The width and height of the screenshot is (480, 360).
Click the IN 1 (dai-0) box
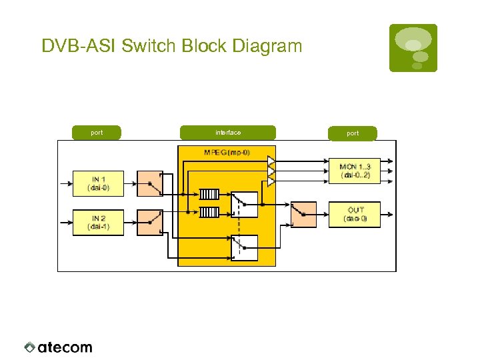[x=97, y=183]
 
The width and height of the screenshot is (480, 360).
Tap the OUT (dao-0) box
[x=354, y=215]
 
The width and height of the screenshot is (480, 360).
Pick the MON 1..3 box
[x=354, y=171]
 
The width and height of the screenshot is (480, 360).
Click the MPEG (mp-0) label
[x=227, y=153]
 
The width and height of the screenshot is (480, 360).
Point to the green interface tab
[x=227, y=133]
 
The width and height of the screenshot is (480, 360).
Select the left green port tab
[x=97, y=133]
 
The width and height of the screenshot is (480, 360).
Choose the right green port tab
[x=353, y=133]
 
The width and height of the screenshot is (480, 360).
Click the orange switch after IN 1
[x=150, y=183]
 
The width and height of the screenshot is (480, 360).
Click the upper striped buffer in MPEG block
[x=209, y=195]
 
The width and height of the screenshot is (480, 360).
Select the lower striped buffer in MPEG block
[x=209, y=213]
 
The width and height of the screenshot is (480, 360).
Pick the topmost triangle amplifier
[x=271, y=161]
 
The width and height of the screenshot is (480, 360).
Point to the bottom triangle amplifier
[x=271, y=181]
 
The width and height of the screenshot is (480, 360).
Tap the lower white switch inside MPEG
[x=244, y=247]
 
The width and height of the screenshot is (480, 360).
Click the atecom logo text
[x=65, y=347]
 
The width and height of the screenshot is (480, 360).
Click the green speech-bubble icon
[x=413, y=48]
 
